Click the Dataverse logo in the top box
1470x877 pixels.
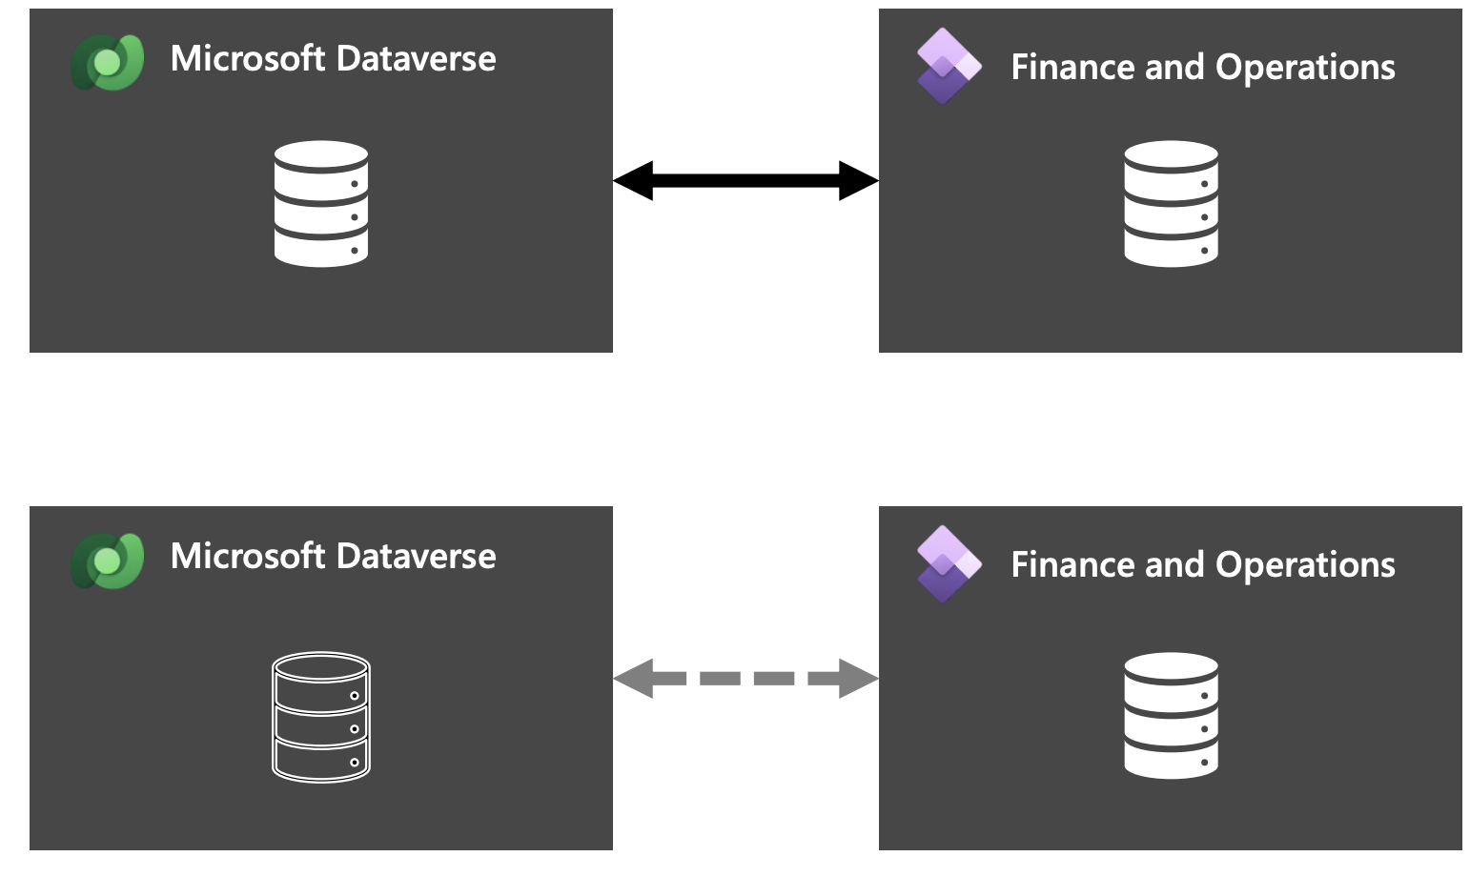[108, 63]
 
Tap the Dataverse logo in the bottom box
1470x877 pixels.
[108, 561]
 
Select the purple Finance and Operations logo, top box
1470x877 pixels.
[949, 66]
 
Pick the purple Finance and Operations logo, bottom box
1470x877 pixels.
[949, 563]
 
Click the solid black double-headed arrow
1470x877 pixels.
[745, 180]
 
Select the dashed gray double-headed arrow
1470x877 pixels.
[745, 678]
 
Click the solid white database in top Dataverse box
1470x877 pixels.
[321, 203]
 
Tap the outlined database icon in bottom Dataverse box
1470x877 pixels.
[321, 717]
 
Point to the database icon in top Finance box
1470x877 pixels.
[1171, 203]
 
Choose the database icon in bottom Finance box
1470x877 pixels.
[1171, 715]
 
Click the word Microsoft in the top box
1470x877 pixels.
[248, 59]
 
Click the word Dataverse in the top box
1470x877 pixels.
[417, 59]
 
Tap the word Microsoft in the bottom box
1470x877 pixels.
[248, 557]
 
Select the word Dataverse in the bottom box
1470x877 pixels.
[417, 557]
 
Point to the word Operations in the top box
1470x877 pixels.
[1305, 68]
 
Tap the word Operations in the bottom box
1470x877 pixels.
[1305, 565]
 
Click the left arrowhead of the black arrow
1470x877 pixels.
[633, 180]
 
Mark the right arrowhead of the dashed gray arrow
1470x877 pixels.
[858, 678]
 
